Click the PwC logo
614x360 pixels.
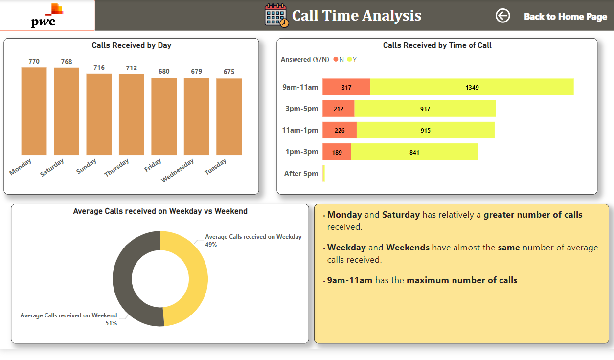coord(47,16)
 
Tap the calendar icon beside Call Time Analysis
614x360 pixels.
coord(276,15)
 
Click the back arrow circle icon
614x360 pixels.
coord(502,16)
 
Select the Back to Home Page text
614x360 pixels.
coord(565,17)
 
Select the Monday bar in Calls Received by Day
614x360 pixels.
coord(34,111)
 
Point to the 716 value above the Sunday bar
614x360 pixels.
coord(99,67)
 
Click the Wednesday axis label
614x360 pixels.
coord(178,170)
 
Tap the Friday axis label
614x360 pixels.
coord(153,165)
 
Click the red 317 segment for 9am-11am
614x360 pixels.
coord(346,87)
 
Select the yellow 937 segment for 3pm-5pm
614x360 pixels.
coord(425,109)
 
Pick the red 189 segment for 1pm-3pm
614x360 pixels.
coord(337,152)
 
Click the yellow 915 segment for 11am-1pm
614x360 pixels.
coord(425,130)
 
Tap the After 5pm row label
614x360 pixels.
coord(301,174)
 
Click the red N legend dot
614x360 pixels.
coord(336,59)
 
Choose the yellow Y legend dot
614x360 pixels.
coord(349,59)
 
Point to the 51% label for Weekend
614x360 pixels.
coord(111,323)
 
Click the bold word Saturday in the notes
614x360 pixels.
coord(401,215)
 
